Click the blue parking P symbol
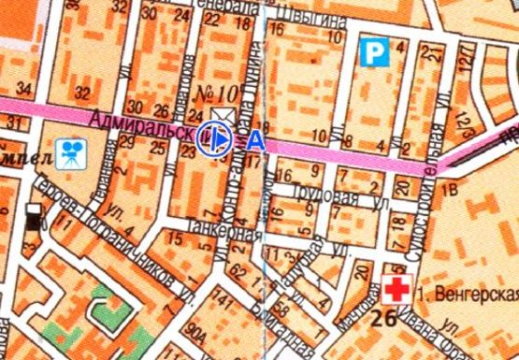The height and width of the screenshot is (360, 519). point(374,50)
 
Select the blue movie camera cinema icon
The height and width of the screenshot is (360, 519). point(67,152)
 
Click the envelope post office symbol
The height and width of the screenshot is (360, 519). point(223,116)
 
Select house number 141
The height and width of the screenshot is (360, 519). point(221,299)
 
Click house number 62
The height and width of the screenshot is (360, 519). point(236,273)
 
